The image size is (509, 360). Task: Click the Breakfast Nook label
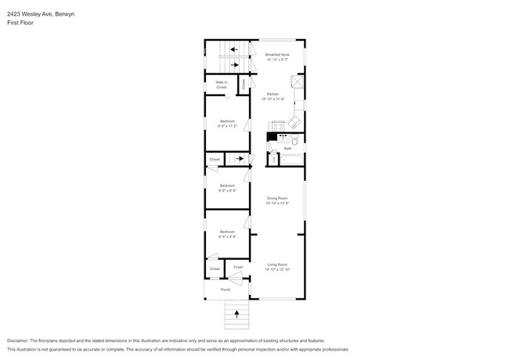coord(277,54)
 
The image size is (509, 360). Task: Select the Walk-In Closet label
coord(221,84)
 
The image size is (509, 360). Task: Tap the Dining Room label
coord(277,198)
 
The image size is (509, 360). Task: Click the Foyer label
coord(238,267)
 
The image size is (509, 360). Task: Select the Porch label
coord(226,290)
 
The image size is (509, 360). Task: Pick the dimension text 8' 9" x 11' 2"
coord(227,125)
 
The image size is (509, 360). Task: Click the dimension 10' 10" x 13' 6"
coord(278,203)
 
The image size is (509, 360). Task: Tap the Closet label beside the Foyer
coord(215,268)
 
